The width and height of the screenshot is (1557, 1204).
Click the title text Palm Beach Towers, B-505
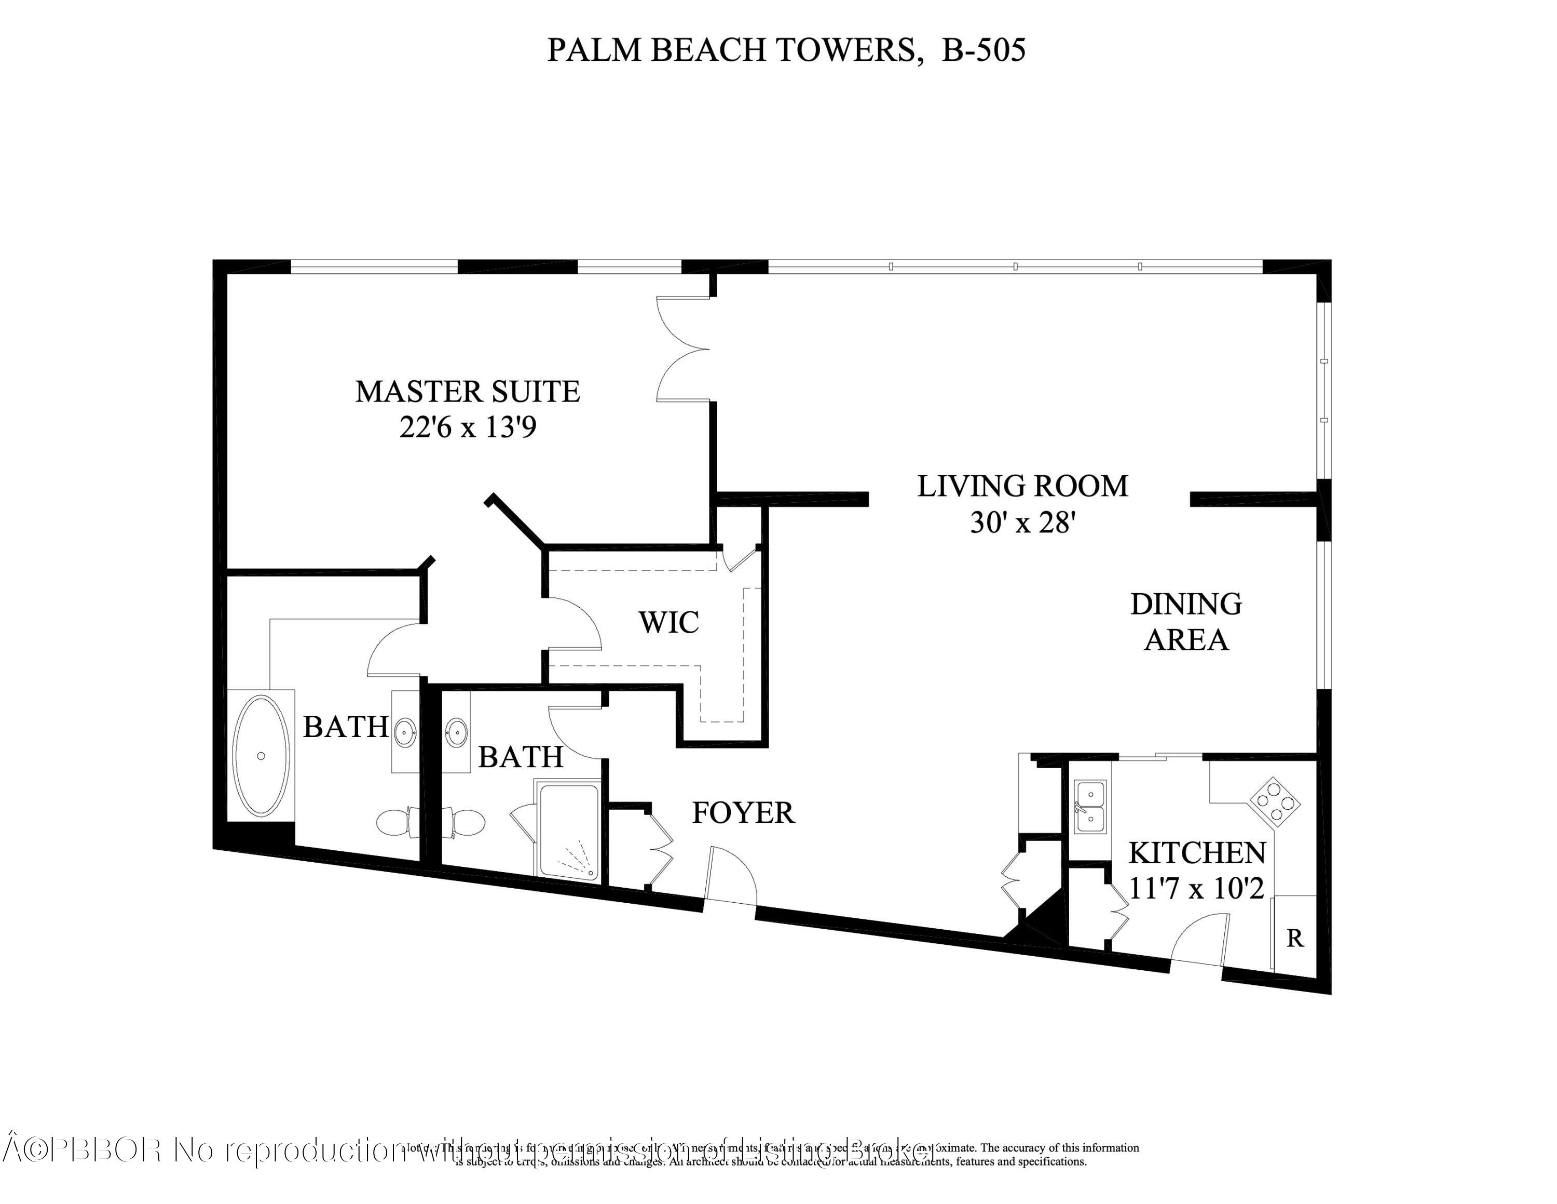point(786,50)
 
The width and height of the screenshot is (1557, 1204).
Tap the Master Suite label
point(468,392)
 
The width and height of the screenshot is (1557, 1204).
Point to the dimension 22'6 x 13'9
point(468,428)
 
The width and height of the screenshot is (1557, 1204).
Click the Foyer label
point(743,812)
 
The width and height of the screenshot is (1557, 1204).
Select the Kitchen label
point(1197,853)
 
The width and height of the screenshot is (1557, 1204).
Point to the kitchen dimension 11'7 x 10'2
point(1197,889)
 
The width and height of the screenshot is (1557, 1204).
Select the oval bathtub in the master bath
point(261,755)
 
